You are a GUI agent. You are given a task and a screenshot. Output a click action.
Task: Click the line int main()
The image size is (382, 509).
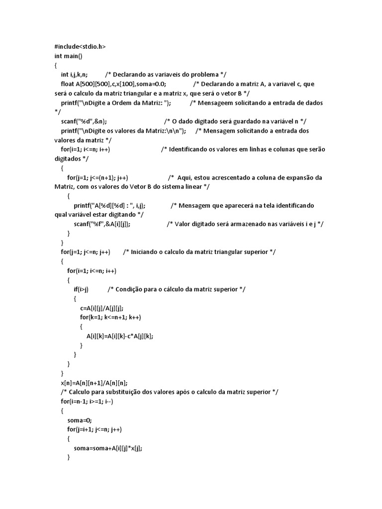point(69,56)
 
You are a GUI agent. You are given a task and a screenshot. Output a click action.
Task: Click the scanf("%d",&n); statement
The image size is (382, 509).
point(84,121)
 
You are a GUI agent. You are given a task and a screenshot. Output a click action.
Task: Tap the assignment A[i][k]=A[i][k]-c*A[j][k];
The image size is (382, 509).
point(120,336)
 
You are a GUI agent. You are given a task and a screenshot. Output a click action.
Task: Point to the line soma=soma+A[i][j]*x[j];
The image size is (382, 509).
point(108,448)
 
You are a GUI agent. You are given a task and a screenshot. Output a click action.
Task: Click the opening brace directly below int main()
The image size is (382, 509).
point(56,66)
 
